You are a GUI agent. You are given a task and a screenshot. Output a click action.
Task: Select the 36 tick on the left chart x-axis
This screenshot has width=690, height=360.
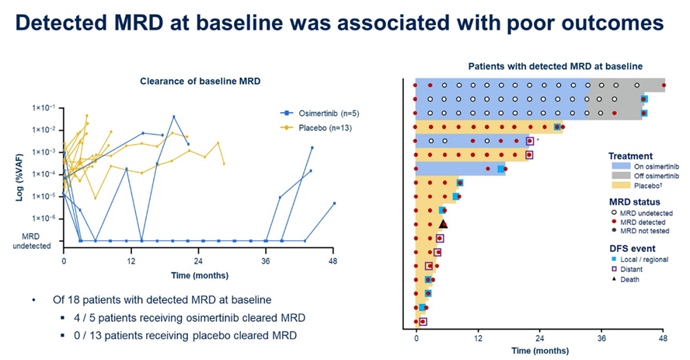coord(267,261)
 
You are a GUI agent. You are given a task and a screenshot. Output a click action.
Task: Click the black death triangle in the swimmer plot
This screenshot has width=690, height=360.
coord(443,224)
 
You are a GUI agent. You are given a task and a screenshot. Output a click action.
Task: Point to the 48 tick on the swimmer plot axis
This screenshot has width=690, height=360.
coord(663,339)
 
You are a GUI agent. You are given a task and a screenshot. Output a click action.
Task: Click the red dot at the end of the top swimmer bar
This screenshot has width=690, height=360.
coord(664,85)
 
